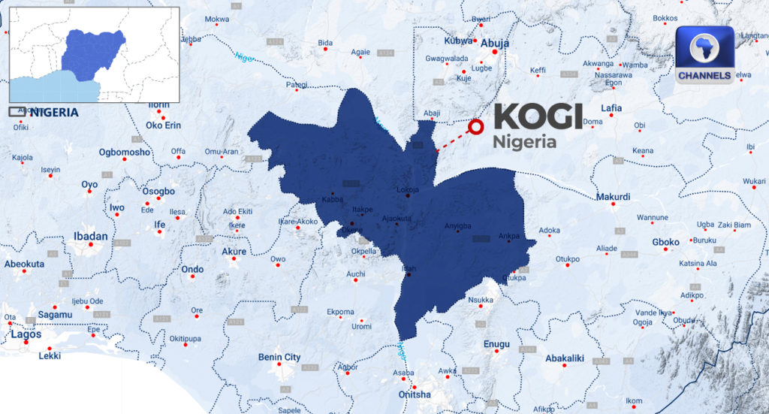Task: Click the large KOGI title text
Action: pyautogui.click(x=538, y=117)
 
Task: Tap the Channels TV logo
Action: pyautogui.click(x=704, y=55)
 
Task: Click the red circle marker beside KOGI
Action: pyautogui.click(x=475, y=127)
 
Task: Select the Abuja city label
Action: pyautogui.click(x=494, y=44)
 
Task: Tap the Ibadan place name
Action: pyautogui.click(x=90, y=236)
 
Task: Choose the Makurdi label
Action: pyautogui.click(x=613, y=197)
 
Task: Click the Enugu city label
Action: pyautogui.click(x=496, y=344)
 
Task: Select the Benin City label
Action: pyautogui.click(x=279, y=357)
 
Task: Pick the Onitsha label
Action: pyautogui.click(x=414, y=394)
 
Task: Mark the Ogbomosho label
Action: pyautogui.click(x=125, y=153)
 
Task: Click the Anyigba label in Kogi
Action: pyautogui.click(x=458, y=225)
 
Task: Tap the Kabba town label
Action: pyautogui.click(x=332, y=200)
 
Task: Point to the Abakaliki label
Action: pyautogui.click(x=564, y=358)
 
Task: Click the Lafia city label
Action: pyautogui.click(x=611, y=108)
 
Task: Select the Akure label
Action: pyautogui.click(x=234, y=251)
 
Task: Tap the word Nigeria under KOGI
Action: pyautogui.click(x=524, y=142)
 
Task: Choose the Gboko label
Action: pyautogui.click(x=665, y=242)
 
